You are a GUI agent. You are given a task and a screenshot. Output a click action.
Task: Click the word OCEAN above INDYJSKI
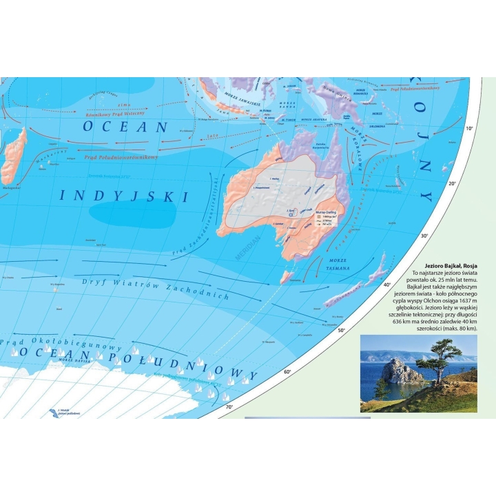[x=125, y=127]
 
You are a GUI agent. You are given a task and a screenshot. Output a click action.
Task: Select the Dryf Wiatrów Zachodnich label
[x=155, y=288]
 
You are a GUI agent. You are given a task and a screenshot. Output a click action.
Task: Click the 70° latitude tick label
[x=230, y=408]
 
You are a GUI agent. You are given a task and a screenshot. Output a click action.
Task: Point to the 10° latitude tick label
[x=471, y=129]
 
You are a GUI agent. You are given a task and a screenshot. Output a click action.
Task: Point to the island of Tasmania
[x=287, y=277]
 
